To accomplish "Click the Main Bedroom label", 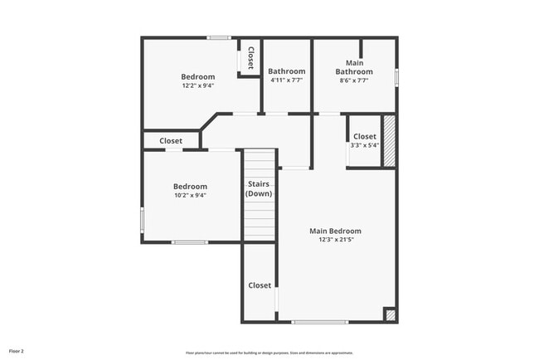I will (x=335, y=231).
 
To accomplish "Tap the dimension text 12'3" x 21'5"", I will (x=335, y=240).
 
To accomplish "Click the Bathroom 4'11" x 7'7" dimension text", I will (x=286, y=80).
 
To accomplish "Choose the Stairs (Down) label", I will (x=259, y=188).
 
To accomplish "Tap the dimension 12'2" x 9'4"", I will (x=198, y=85).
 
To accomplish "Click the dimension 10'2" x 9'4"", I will (x=190, y=196).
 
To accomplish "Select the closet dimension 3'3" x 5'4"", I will (x=364, y=145).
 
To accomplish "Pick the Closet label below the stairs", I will (x=260, y=285).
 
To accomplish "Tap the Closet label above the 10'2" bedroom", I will (x=171, y=141).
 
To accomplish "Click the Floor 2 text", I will (x=17, y=350).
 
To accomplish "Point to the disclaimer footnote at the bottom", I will (x=269, y=351).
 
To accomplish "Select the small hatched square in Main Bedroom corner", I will (x=390, y=315).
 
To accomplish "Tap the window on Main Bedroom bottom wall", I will (x=319, y=322).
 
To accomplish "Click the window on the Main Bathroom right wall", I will (x=396, y=76).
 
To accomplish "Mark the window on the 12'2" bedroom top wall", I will (x=219, y=37).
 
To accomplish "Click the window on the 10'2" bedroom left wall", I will (x=142, y=221).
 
